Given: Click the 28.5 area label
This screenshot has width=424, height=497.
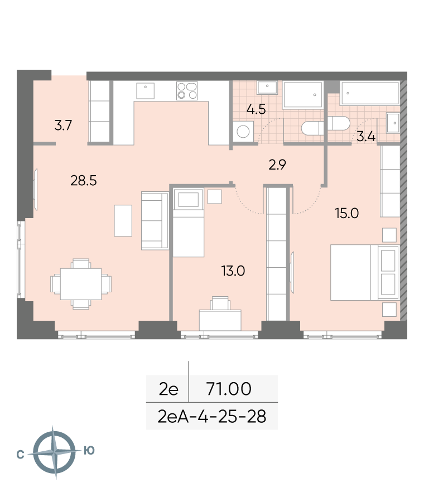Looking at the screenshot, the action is (x=83, y=181).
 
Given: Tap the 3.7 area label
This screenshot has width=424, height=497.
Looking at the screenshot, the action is (x=63, y=125).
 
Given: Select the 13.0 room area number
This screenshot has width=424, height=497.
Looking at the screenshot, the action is (x=233, y=271).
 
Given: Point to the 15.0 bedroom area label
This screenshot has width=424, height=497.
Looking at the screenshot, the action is (x=346, y=213).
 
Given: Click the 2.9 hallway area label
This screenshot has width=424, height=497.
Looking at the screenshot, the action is (x=277, y=165).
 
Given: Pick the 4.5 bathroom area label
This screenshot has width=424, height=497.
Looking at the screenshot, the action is (x=256, y=109).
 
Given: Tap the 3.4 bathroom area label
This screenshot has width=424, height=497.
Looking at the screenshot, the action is (x=366, y=137).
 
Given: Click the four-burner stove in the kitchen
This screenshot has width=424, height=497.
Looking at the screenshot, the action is (x=187, y=91).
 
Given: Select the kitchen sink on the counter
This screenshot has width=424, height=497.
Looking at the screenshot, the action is (x=145, y=91).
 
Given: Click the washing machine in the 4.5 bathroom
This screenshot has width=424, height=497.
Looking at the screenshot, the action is (x=243, y=132).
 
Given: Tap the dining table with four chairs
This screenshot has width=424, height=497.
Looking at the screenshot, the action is (x=81, y=284).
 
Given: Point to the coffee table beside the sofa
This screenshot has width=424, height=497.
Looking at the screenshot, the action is (x=123, y=220).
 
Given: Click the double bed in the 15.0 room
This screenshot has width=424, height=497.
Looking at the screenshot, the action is (x=364, y=273).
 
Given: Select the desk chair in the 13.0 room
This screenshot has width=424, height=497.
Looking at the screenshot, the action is (x=220, y=303).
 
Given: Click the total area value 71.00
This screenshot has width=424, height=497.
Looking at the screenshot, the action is (x=229, y=389).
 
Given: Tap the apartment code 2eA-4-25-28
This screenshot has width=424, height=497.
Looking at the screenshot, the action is (x=211, y=416).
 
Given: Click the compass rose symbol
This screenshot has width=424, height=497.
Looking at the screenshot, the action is (x=55, y=452).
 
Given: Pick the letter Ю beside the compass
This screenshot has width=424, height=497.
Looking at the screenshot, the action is (x=89, y=450).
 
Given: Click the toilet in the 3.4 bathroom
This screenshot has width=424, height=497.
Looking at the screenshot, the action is (x=339, y=123).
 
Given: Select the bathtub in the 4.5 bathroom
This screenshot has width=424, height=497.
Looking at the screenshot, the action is (x=303, y=95).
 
